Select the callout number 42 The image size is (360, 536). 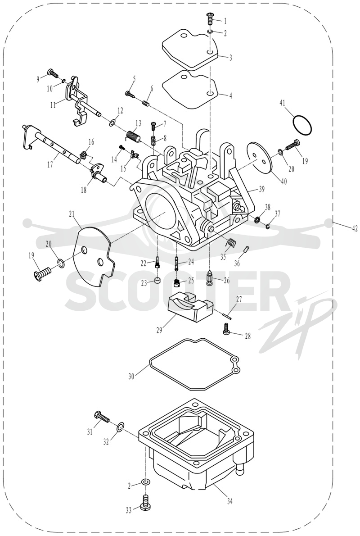pyautogui.click(x=355, y=229)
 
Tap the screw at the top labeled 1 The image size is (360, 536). pyautogui.click(x=209, y=18)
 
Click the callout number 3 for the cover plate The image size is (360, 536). pyautogui.click(x=230, y=58)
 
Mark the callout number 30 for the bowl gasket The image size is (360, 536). pyautogui.click(x=131, y=377)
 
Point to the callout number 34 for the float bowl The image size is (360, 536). pyautogui.click(x=230, y=501)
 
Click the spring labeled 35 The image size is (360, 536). pyautogui.click(x=231, y=242)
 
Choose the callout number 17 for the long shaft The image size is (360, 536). pyautogui.click(x=50, y=165)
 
